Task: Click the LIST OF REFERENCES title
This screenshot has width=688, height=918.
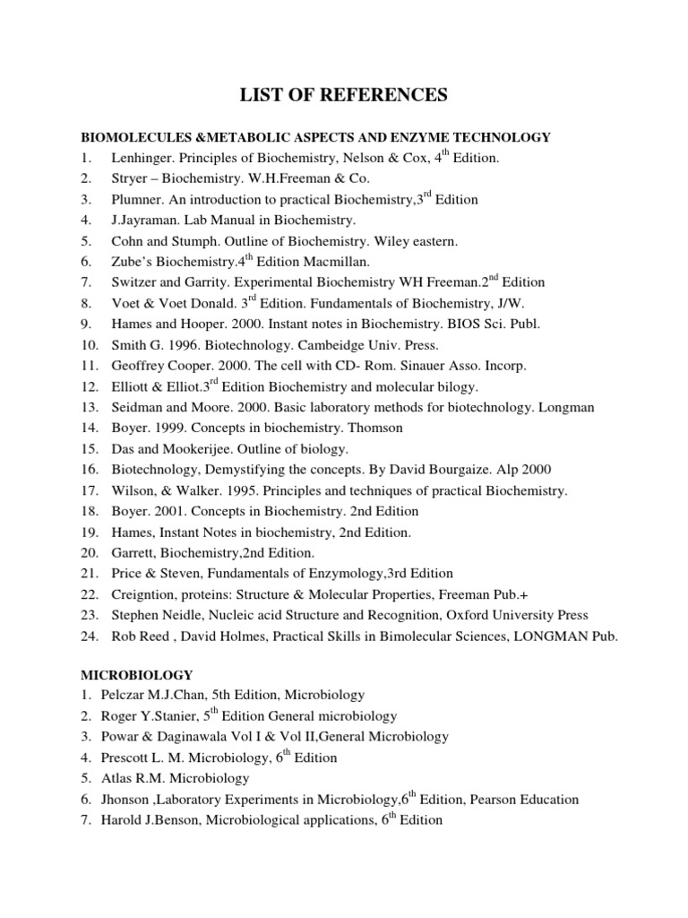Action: [344, 94]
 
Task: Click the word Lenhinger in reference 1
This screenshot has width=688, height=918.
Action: [142, 159]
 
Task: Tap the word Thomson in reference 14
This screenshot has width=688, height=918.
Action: [374, 428]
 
